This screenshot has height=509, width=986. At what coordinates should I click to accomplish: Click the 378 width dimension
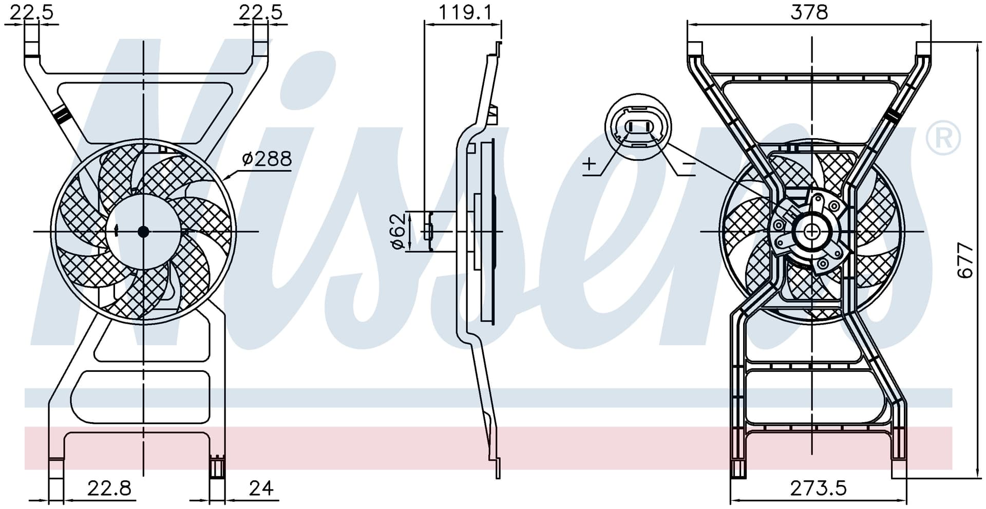tap(809, 11)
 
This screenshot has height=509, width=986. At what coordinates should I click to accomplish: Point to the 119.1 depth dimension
tap(465, 11)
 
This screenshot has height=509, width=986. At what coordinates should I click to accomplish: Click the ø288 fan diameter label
tap(267, 159)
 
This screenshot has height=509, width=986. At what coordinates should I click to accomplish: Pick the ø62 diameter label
tap(399, 232)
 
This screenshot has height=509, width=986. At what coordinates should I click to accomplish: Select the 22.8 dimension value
tap(109, 488)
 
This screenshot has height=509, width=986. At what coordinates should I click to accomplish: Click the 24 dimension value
tap(261, 488)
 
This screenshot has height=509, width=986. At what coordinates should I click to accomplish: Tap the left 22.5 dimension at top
tap(31, 11)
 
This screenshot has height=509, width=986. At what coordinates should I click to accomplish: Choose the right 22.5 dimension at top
tap(260, 11)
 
